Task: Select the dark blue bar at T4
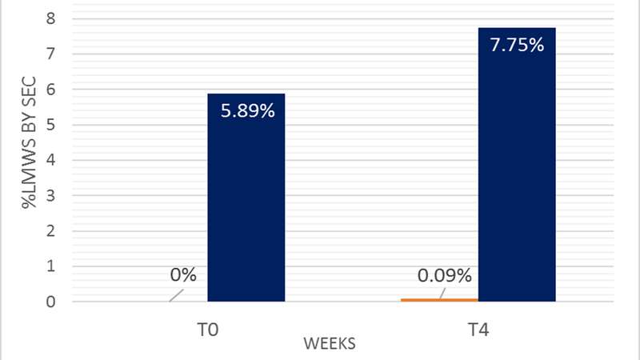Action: coord(517,176)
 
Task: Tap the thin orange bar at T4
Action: coord(440,299)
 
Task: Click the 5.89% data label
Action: coord(246,112)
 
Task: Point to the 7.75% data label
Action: coord(517,45)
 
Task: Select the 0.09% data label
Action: coord(445,276)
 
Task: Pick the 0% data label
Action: coord(183,274)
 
